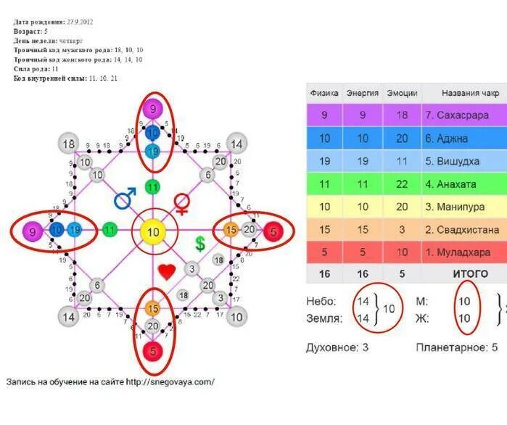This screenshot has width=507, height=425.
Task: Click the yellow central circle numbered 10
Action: tap(152, 232)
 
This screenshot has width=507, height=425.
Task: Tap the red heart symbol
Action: tap(167, 272)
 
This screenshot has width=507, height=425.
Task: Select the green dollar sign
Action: tap(199, 244)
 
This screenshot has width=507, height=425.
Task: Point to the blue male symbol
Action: tap(125, 197)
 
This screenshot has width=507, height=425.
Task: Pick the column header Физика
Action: tap(324, 93)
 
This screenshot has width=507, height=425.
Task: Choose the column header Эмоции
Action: tap(401, 93)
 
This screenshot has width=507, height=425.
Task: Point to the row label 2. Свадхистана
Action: tap(463, 230)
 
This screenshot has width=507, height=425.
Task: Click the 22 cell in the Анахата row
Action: tap(401, 184)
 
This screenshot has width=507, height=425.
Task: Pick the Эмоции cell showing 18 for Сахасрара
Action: tap(401, 115)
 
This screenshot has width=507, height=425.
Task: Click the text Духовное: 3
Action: tap(337, 347)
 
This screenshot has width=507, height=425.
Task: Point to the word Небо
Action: tap(321, 301)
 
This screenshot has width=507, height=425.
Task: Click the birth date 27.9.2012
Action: tap(83, 22)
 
